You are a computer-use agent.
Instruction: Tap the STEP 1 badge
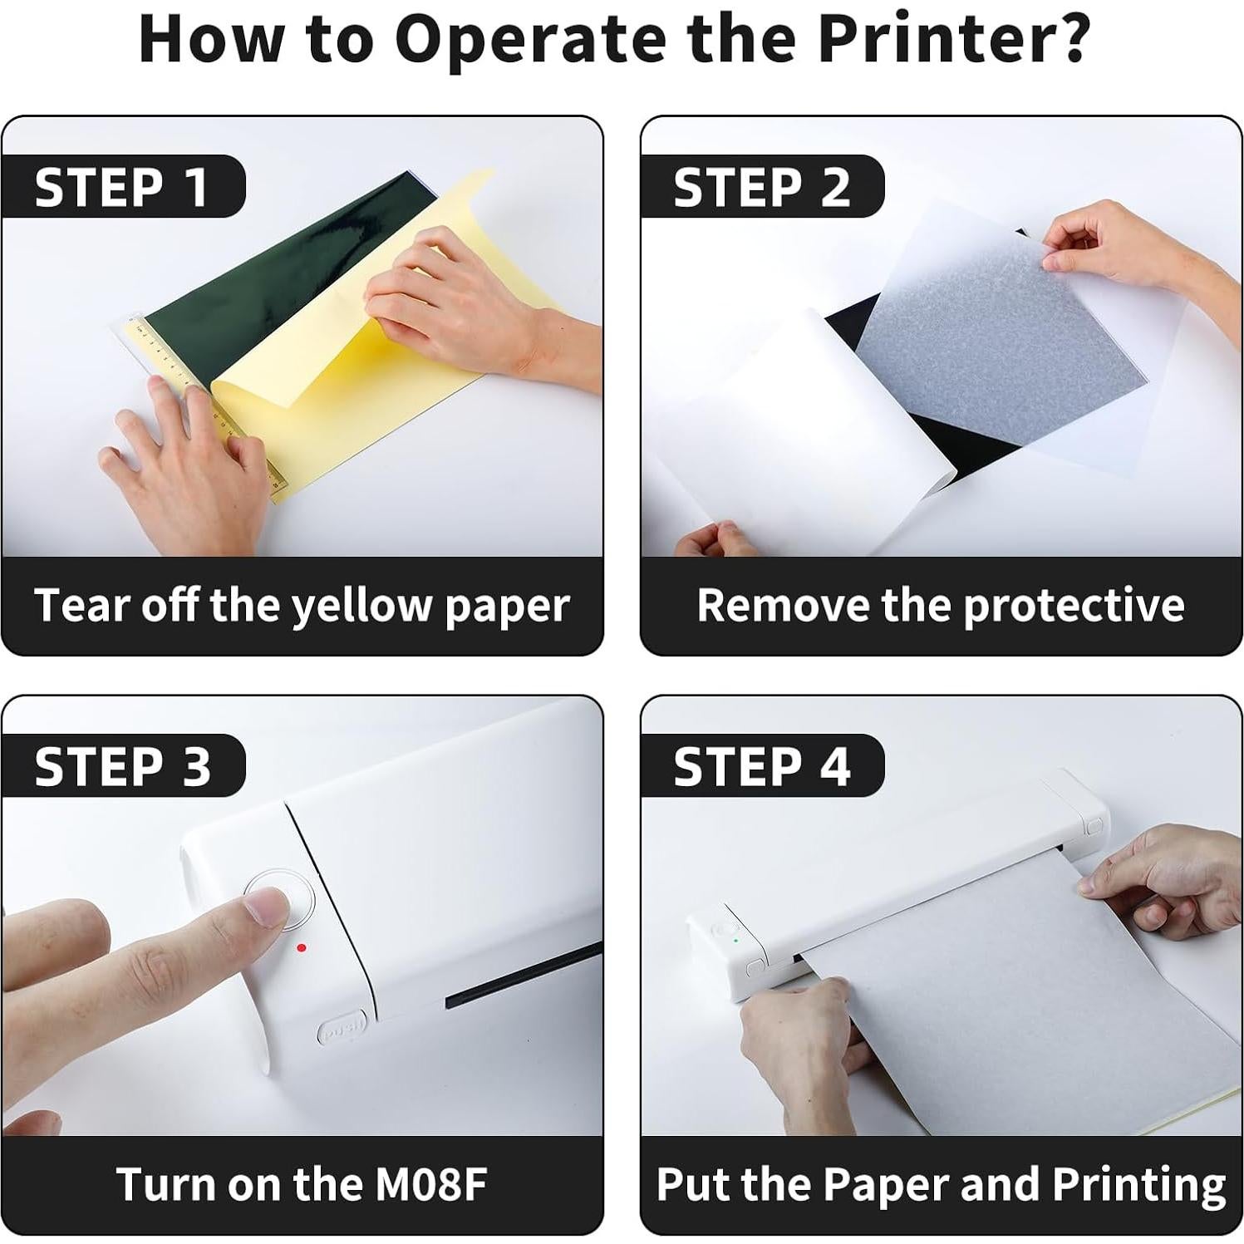click(125, 186)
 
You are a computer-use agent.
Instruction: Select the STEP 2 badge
click(763, 186)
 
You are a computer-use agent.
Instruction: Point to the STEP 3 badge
click(125, 765)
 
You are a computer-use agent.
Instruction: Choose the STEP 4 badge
click(763, 765)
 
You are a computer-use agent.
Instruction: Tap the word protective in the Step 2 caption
click(1074, 604)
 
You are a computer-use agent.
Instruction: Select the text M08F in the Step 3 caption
click(430, 1183)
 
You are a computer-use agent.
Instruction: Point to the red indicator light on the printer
click(301, 947)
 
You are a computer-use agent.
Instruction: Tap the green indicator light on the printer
click(736, 940)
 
